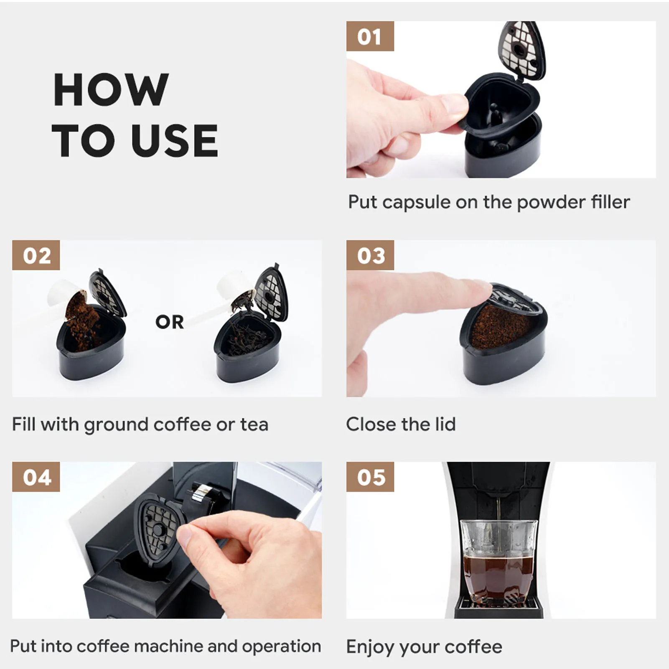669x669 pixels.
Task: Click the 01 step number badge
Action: pos(370,36)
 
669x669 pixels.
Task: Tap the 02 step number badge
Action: pos(36,255)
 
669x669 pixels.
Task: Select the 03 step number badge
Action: pos(370,255)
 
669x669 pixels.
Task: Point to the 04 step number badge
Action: pos(36,477)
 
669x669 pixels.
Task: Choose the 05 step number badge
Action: pos(370,477)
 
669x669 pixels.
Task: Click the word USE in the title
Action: pos(174,141)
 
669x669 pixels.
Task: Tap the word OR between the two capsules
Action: pos(169,322)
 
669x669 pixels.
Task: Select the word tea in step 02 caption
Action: pos(254,425)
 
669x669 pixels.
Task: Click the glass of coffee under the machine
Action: pos(499,560)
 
